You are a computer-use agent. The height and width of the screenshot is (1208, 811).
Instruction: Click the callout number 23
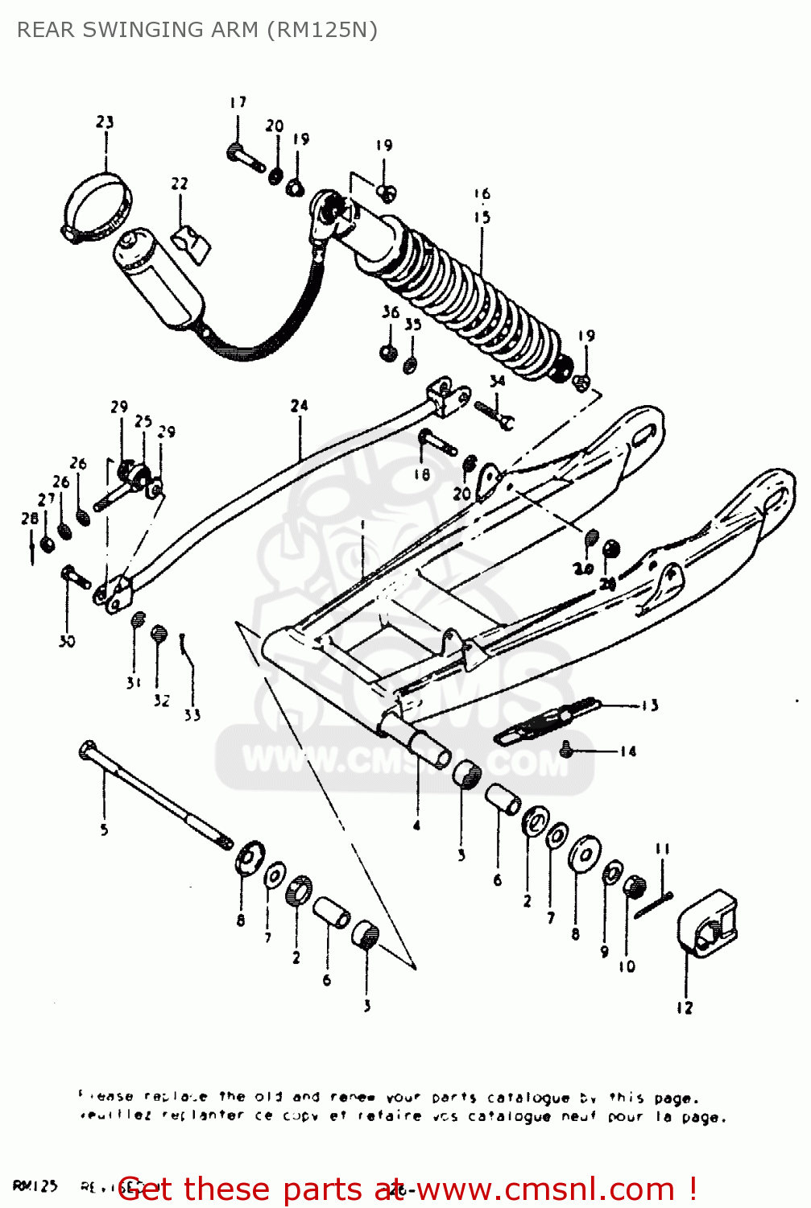pos(105,122)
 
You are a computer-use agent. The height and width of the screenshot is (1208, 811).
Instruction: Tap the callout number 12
pos(685,1007)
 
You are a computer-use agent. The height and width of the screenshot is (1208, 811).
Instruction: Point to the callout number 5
pos(104,829)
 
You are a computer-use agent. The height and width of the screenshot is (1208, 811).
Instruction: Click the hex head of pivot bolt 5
pos(88,751)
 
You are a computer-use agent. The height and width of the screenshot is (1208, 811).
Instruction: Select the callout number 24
pos(299,405)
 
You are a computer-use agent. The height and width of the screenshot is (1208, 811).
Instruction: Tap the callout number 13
pos(650,705)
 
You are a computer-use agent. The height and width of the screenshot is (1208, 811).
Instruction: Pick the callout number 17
pos(238,102)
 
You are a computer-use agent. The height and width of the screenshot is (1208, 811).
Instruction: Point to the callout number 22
pos(179,184)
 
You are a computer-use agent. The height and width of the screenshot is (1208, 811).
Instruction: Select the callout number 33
pos(192,714)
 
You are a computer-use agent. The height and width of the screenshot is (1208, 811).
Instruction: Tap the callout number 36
pos(391,312)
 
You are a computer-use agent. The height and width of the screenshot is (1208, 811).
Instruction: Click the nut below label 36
pos(388,352)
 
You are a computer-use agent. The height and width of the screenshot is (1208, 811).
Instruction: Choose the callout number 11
pos(662,848)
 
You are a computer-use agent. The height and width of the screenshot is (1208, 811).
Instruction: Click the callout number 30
pos(66,641)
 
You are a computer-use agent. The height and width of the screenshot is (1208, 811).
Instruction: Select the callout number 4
pos(416,825)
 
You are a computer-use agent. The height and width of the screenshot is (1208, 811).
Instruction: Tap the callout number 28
pos(30,519)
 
